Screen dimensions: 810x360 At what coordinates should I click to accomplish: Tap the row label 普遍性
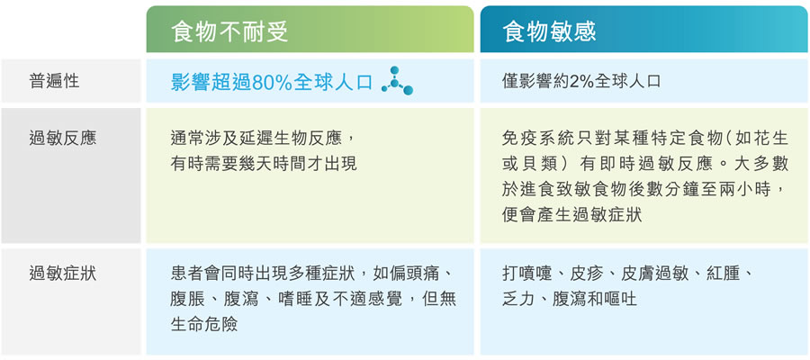pyautogui.click(x=54, y=81)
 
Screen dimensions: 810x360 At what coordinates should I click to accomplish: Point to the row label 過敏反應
pyautogui.click(x=62, y=139)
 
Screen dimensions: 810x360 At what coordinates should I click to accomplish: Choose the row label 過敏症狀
pyautogui.click(x=62, y=274)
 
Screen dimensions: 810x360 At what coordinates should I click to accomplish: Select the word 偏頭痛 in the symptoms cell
pyautogui.click(x=419, y=273)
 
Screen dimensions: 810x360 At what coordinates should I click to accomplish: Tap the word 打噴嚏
pyautogui.click(x=526, y=273)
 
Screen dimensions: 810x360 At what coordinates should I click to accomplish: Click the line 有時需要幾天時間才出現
pyautogui.click(x=264, y=164)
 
